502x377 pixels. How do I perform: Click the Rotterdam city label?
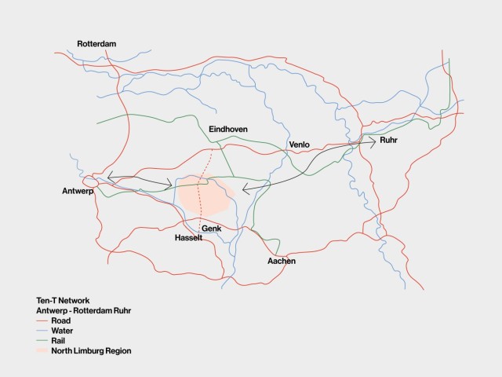96,44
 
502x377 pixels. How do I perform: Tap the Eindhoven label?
228,128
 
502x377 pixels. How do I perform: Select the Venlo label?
300,145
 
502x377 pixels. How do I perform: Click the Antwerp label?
78,192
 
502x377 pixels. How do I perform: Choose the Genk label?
211,229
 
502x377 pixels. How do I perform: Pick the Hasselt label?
189,237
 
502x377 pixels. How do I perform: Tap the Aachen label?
282,260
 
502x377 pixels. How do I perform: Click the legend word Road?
61,321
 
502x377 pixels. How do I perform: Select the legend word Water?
63,331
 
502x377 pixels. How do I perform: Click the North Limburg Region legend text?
91,351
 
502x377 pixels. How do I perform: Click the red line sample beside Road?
42,321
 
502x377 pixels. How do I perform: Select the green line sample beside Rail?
42,341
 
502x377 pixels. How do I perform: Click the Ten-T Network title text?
64,301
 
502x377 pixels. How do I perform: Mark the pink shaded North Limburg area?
206,196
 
